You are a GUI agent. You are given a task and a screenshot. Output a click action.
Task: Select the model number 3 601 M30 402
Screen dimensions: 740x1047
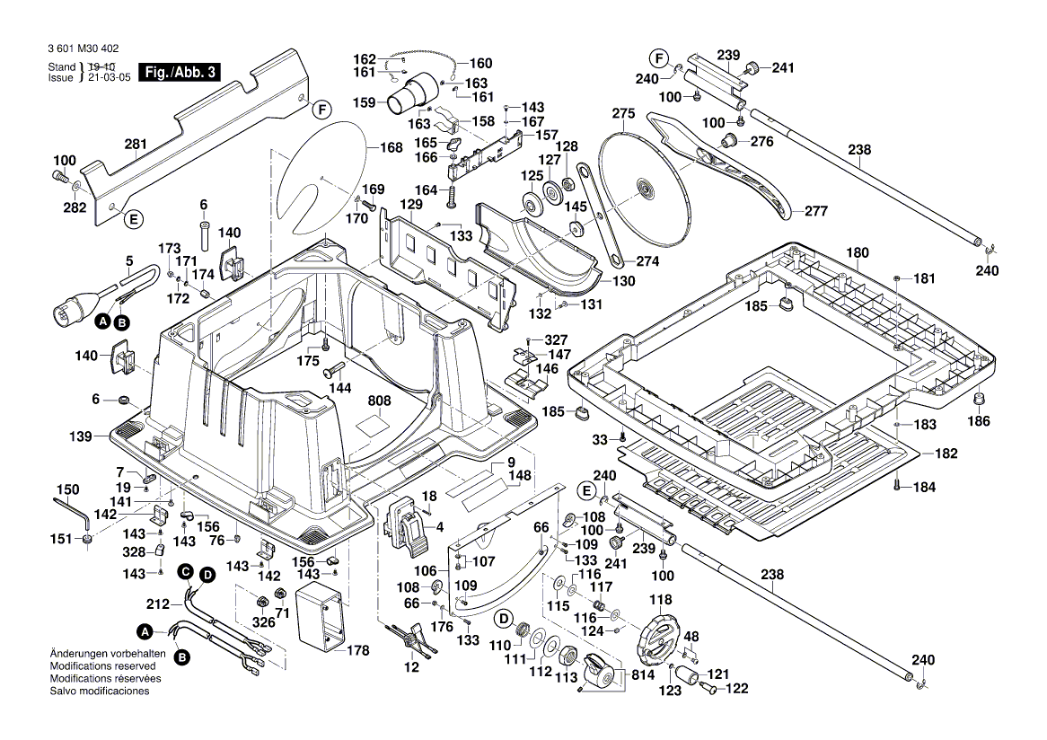tap(80, 50)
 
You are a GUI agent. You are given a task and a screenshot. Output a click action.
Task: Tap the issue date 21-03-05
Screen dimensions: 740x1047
tap(108, 78)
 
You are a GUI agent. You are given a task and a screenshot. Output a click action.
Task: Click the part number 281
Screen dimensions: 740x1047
tap(135, 144)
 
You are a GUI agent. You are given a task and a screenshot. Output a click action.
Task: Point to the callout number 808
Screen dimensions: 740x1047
tap(378, 401)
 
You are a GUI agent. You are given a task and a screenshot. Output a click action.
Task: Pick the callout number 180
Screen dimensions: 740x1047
tap(858, 253)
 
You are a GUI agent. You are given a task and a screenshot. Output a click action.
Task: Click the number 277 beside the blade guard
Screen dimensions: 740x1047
tap(814, 212)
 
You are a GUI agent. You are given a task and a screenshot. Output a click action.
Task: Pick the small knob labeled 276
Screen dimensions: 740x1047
tap(730, 140)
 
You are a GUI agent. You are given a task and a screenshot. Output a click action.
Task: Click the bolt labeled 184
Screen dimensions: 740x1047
tap(897, 486)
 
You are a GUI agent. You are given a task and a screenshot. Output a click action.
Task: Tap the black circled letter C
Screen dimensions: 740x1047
tap(184, 571)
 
